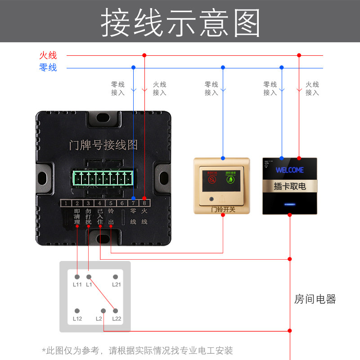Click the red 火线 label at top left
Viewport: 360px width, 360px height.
48,55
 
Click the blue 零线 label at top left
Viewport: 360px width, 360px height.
48,68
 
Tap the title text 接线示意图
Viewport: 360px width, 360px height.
180,22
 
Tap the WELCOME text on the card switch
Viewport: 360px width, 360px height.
289,170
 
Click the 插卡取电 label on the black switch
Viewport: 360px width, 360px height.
290,186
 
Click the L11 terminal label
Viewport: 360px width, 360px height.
77,285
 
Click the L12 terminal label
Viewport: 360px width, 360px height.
77,319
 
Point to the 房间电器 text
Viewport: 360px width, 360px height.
315,299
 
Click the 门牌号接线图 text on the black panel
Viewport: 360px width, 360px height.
103,145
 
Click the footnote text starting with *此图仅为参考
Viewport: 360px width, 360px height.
137,350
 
